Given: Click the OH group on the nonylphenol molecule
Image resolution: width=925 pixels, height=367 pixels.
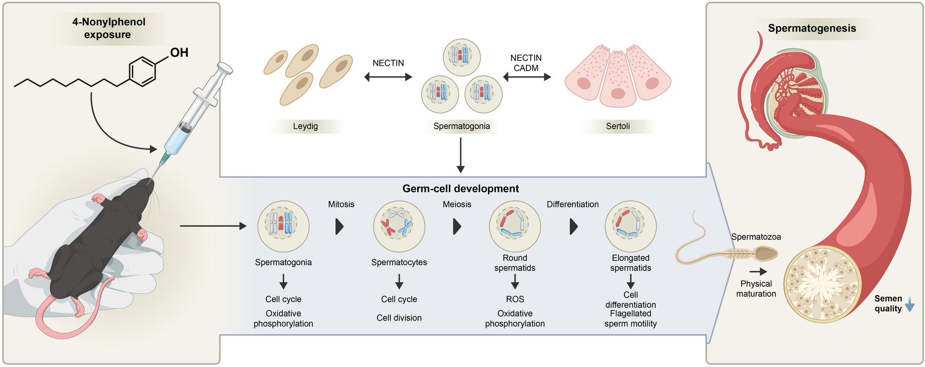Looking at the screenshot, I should point(179,52).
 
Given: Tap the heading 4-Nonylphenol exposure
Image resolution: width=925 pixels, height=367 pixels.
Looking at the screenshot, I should point(108,28).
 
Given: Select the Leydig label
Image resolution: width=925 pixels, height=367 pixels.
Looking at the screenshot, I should point(305,126).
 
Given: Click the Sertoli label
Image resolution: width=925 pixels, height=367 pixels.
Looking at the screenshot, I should point(617,126).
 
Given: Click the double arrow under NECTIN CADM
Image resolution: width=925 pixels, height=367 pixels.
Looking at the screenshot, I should point(527,77).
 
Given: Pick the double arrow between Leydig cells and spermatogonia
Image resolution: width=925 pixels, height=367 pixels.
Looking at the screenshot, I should point(388,77).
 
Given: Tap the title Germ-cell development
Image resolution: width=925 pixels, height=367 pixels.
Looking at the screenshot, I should point(461,189).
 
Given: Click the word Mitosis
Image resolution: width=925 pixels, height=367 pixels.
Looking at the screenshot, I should point(341,204).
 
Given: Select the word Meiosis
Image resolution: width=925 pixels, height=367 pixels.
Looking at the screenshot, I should point(457,204).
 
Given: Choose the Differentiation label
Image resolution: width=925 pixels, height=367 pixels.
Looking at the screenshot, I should point(572,204).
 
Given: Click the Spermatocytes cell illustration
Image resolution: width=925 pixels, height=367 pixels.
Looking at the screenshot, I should point(399,226).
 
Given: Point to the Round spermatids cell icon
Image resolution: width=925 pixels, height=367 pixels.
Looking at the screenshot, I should point(514,226).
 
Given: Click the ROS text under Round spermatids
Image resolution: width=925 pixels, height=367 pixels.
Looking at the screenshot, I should point(514,299).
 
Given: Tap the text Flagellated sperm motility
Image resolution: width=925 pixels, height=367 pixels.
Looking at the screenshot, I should point(630,319).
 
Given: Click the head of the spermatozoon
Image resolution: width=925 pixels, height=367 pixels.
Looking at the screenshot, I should point(765,255).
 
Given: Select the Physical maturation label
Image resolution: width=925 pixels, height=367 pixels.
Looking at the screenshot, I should point(756,289).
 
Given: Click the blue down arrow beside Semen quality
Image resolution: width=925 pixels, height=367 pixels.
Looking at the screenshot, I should point(909,307).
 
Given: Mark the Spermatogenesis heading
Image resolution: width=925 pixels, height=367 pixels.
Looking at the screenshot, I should point(812,28).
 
